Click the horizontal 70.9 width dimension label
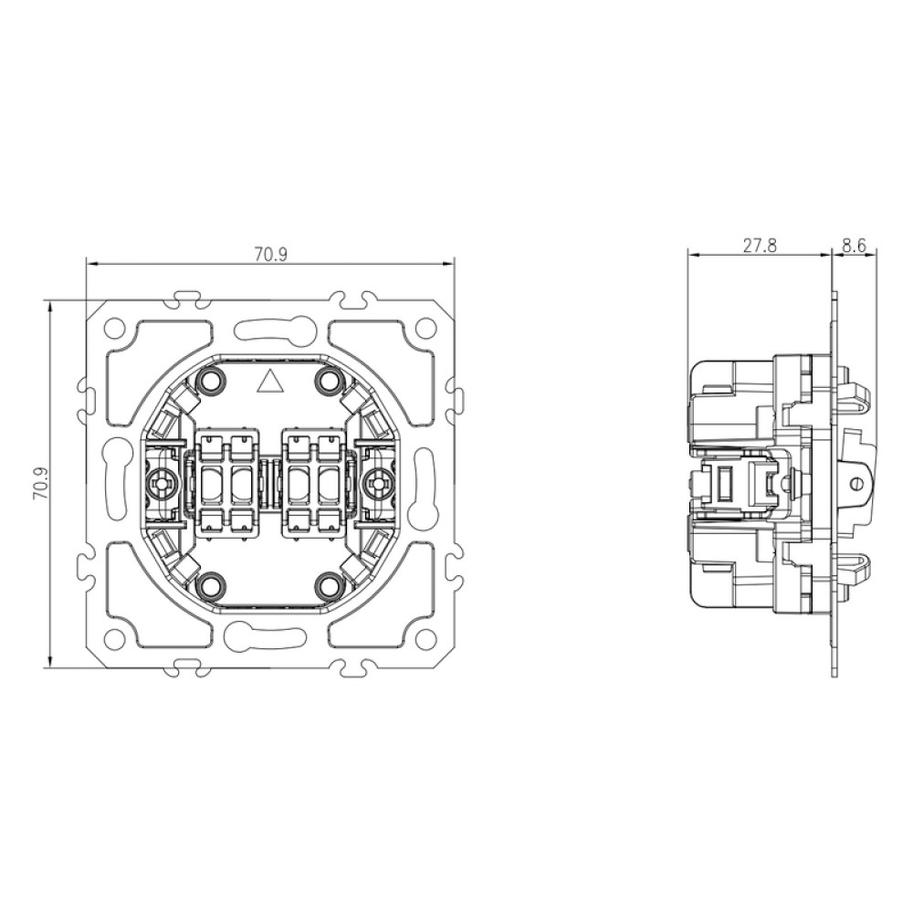tap(270, 255)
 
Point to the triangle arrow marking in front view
tap(269, 382)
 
